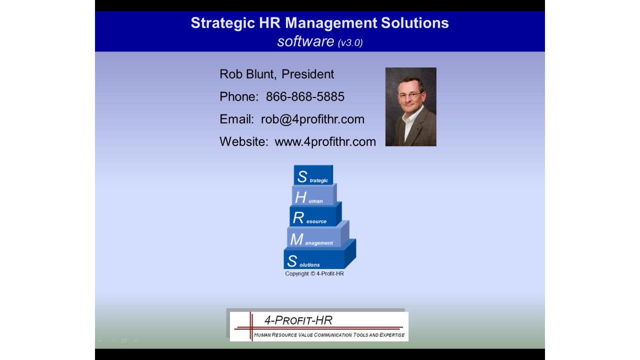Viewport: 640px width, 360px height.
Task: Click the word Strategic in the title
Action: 223,23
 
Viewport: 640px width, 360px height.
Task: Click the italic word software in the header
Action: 305,41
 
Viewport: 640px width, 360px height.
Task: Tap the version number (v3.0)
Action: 350,43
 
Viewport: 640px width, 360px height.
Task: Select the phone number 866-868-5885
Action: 305,96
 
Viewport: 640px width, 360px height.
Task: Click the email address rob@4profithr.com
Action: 312,119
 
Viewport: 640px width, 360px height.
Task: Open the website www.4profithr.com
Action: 325,141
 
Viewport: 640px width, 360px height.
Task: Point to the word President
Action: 307,74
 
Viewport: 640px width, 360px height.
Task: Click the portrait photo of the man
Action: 411,107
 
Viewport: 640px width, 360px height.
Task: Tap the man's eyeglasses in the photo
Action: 410,95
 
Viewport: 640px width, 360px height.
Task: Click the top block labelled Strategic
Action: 313,175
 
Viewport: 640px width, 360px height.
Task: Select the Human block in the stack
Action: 313,195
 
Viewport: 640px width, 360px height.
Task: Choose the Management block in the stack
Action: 316,236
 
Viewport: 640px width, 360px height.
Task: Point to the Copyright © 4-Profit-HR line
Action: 314,273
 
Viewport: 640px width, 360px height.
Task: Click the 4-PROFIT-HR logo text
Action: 298,320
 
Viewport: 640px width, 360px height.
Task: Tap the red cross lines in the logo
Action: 251,327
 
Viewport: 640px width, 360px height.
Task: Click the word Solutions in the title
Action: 415,23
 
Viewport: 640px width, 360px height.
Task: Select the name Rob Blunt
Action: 247,74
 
